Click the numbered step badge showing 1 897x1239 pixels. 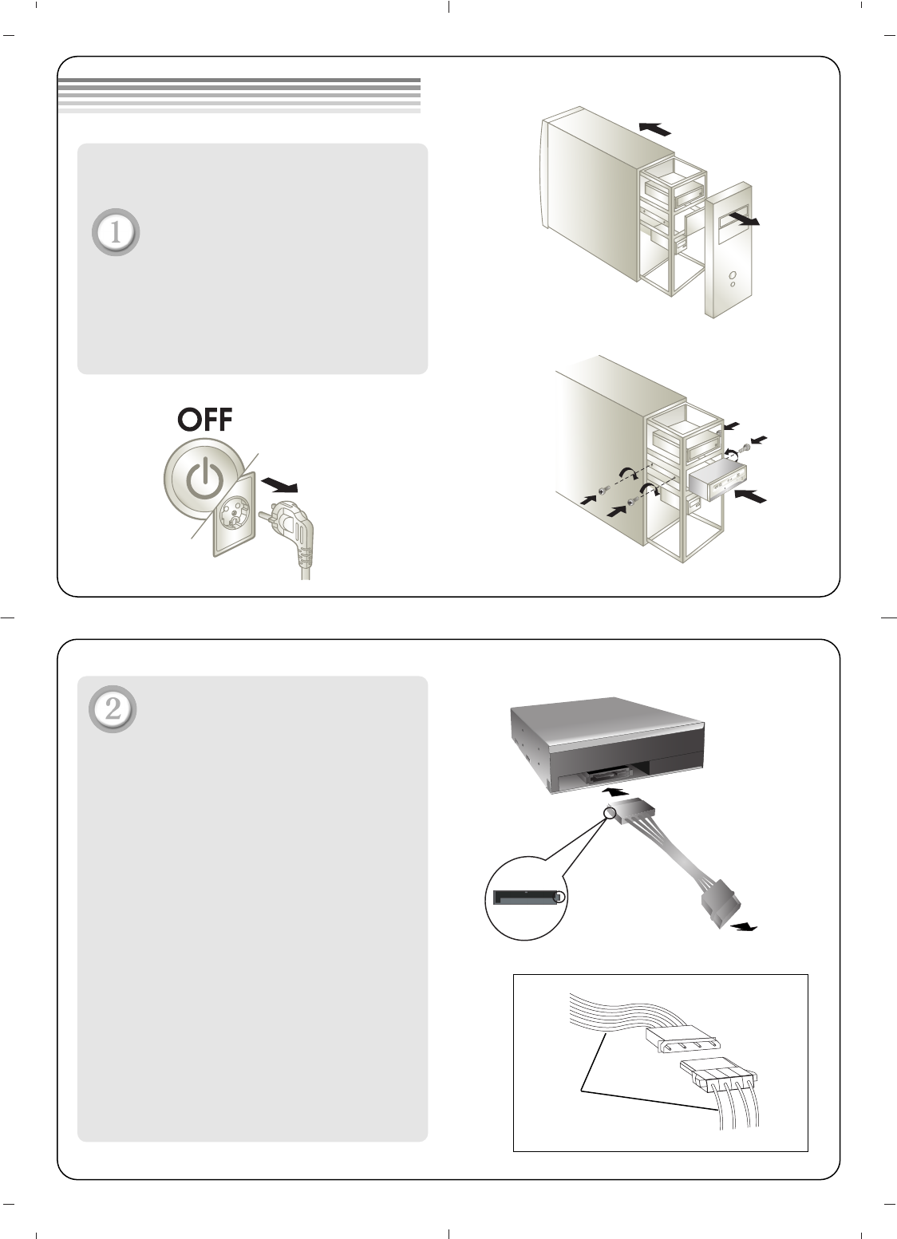click(116, 232)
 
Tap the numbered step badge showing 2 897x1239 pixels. click(113, 709)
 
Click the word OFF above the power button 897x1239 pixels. click(205, 420)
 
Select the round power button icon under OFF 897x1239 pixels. click(204, 479)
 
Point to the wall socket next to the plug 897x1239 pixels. click(234, 515)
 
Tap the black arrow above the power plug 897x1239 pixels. click(279, 485)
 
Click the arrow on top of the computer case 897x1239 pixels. click(654, 129)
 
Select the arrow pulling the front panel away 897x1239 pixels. click(744, 218)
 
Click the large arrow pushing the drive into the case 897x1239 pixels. click(751, 496)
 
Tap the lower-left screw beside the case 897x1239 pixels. click(603, 489)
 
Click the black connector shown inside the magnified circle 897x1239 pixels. click(526, 897)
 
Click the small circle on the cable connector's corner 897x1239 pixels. click(610, 812)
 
